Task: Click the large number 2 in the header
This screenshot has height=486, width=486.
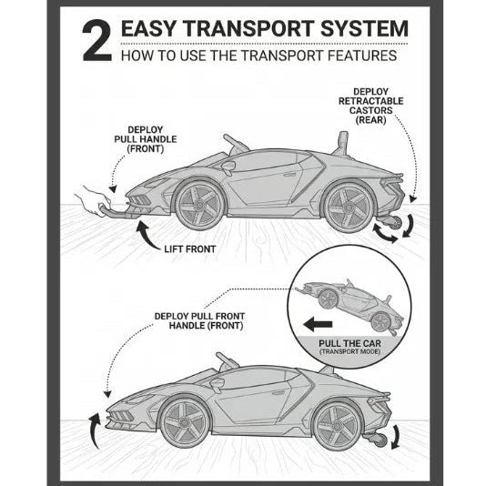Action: coord(97,40)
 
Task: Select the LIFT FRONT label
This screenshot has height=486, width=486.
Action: coord(189,249)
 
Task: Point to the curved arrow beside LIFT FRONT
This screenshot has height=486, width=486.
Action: coord(147,237)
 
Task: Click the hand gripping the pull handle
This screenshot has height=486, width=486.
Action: coord(93,200)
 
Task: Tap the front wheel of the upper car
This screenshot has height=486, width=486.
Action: coord(199,205)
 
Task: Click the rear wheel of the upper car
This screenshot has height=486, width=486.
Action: coord(349,207)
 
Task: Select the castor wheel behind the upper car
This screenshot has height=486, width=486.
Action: coord(394,224)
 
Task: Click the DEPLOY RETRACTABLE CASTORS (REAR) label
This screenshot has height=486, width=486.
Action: coord(370,106)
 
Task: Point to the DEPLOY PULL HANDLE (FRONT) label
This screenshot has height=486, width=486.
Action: coord(146,139)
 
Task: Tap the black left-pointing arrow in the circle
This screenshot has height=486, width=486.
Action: coord(318,325)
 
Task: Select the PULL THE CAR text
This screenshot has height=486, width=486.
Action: coord(349,343)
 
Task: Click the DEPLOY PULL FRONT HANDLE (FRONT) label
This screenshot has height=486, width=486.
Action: coord(199,320)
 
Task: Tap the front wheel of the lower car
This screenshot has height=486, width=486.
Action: coord(185,422)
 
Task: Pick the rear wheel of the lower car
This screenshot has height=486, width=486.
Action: coord(337,425)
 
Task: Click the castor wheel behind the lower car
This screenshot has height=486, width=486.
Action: coord(380,440)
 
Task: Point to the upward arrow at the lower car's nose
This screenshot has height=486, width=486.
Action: coord(95,430)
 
